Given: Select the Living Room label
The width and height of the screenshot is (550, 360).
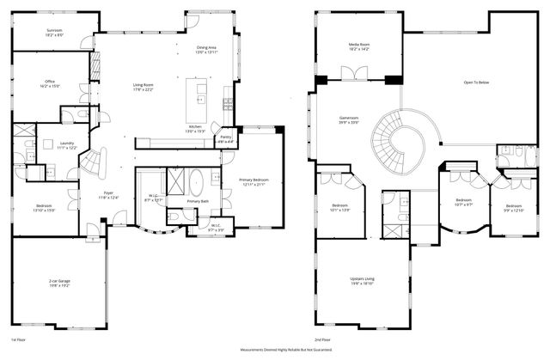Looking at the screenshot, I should tap(142, 86).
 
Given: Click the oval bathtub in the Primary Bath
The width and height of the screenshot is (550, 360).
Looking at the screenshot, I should tap(197, 183).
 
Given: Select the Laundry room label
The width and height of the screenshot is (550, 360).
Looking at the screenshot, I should tap(66, 145).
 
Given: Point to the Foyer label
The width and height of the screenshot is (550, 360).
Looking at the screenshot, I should tap(109, 195).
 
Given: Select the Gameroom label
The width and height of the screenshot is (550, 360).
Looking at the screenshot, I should tap(348, 120).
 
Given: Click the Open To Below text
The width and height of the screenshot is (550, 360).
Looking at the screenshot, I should tap(477, 83).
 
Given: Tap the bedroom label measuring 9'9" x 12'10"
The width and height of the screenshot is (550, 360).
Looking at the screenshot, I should tap(514, 207).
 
